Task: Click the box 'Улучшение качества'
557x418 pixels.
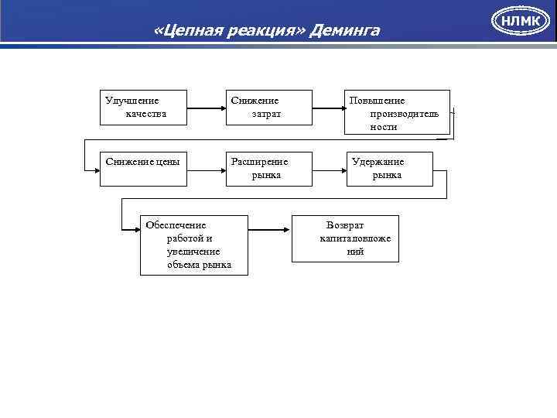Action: (144, 109)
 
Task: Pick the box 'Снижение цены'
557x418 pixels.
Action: (144, 168)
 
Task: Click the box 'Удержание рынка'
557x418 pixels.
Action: (388, 168)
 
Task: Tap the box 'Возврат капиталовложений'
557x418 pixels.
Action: (345, 238)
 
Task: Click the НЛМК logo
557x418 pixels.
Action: (521, 21)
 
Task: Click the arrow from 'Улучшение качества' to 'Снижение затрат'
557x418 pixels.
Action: (207, 109)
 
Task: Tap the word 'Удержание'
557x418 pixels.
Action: (378, 162)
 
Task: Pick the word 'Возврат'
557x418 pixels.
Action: (345, 225)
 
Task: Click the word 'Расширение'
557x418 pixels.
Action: (260, 162)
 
